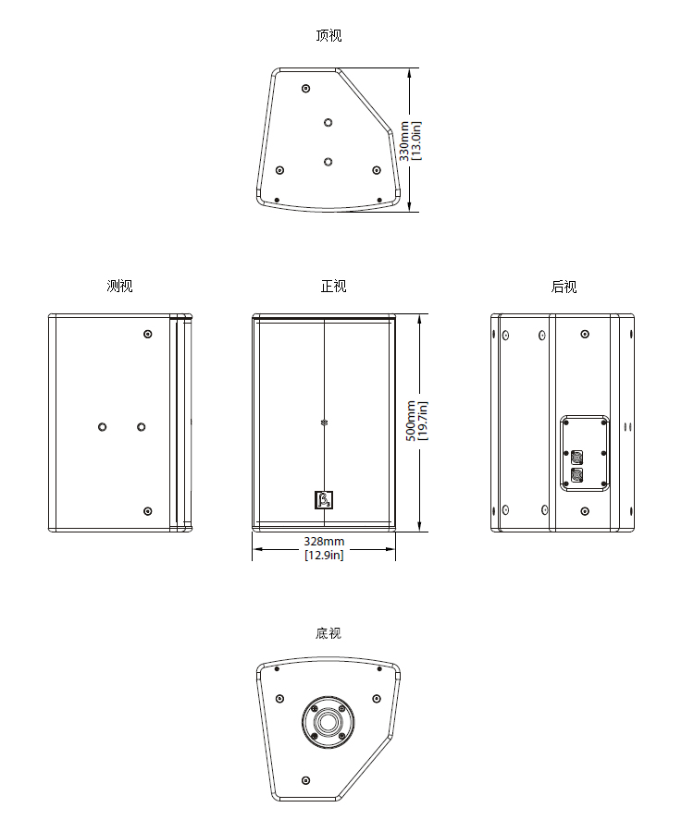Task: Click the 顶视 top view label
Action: click(328, 36)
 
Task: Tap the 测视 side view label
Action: click(119, 287)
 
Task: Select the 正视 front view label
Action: click(333, 287)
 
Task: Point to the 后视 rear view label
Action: click(564, 287)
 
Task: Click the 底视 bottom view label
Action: click(328, 633)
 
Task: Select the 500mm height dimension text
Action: click(412, 421)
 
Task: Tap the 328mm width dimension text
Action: click(324, 541)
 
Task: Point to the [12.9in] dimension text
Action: click(324, 555)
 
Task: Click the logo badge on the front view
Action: click(323, 499)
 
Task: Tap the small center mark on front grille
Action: click(324, 423)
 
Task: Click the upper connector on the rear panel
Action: click(578, 457)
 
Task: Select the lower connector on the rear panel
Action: click(578, 476)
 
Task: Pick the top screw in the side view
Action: click(147, 334)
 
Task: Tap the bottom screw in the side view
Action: click(147, 511)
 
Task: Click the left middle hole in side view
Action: click(103, 426)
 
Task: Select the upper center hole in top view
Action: click(328, 122)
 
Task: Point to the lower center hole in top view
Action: click(328, 161)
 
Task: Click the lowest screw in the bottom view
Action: click(305, 781)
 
